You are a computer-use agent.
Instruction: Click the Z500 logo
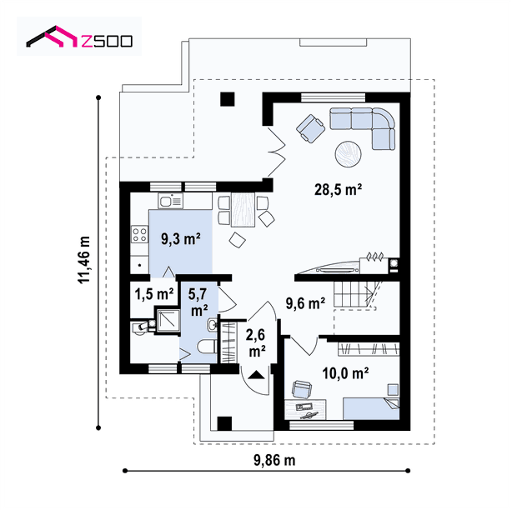tap(79, 37)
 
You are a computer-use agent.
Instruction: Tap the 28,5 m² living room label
tap(338, 189)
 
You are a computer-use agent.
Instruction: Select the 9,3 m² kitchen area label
tap(181, 239)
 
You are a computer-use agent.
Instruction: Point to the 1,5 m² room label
tap(154, 294)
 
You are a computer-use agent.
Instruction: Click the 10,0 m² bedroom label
tap(345, 373)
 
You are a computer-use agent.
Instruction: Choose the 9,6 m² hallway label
tap(305, 303)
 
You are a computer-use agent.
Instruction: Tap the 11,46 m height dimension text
tap(84, 260)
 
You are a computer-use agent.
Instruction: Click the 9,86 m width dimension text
tap(274, 460)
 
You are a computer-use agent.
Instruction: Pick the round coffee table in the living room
tap(348, 154)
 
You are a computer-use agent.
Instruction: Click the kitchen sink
tap(170, 200)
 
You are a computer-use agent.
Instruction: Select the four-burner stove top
tap(139, 235)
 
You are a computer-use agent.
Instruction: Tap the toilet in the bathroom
tap(207, 346)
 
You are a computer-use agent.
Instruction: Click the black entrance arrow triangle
tap(256, 375)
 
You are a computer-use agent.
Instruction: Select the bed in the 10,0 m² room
tap(371, 408)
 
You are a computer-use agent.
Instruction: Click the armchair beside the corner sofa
tap(310, 128)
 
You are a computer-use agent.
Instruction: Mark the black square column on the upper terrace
tap(228, 99)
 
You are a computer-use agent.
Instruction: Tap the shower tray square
tap(168, 320)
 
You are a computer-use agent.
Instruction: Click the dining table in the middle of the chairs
tap(243, 209)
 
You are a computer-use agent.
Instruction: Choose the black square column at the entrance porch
tap(224, 424)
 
